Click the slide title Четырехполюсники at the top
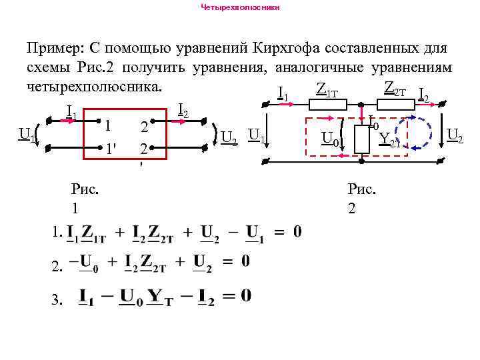click(x=241, y=7)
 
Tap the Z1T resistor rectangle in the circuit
click(x=327, y=104)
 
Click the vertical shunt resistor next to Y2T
click(x=362, y=138)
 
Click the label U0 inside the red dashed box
click(x=329, y=139)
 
